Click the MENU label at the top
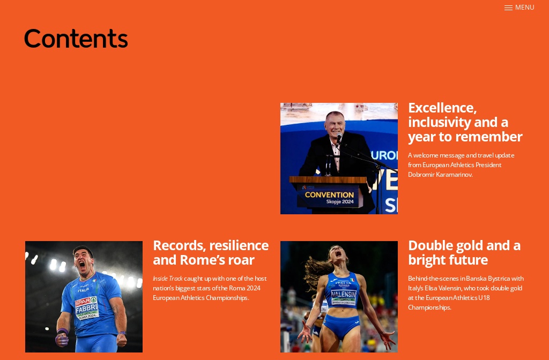tap(524, 7)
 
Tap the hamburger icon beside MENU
tap(508, 7)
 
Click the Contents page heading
tap(76, 39)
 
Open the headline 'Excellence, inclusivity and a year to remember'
tap(465, 122)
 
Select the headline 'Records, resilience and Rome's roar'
tap(210, 252)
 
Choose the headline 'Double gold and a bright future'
tap(464, 252)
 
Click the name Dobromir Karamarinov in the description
tap(440, 175)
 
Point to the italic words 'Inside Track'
tap(167, 279)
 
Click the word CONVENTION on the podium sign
tap(329, 195)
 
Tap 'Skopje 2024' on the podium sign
tap(340, 202)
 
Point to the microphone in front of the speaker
tap(339, 140)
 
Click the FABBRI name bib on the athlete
tap(86, 309)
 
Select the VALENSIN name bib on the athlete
tap(343, 295)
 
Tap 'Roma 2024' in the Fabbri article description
tap(246, 288)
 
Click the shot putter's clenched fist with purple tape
tap(62, 339)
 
